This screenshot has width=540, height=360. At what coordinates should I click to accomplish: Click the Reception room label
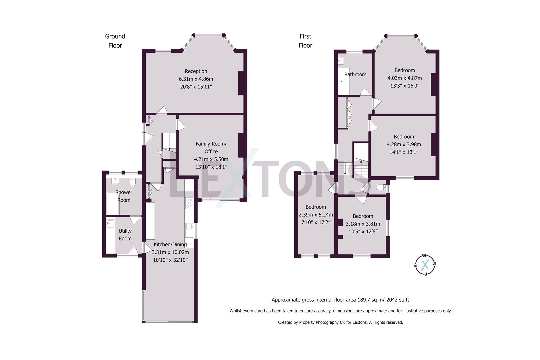196,71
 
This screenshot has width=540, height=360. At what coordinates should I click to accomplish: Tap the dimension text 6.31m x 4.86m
196,79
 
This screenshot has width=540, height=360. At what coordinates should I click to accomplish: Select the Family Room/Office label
211,147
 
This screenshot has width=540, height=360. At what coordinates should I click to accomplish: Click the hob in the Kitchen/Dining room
189,203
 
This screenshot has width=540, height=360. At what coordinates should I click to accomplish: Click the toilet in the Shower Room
133,182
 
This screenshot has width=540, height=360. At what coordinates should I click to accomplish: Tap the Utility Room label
125,235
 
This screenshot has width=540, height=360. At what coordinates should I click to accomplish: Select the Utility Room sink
110,223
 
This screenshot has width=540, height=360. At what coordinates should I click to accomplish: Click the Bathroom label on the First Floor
355,74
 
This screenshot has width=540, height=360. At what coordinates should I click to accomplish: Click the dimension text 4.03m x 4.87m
405,78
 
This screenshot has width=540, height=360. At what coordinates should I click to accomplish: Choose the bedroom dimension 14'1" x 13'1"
404,152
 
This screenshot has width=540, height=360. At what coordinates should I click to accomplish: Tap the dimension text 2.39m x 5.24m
316,215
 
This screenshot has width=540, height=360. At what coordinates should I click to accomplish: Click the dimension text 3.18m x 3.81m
363,224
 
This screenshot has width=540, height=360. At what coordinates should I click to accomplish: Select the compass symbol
425,265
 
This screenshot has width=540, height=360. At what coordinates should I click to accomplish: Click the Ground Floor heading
115,41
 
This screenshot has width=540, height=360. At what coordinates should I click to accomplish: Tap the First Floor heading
305,41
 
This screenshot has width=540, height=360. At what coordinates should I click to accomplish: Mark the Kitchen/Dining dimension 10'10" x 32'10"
170,260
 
